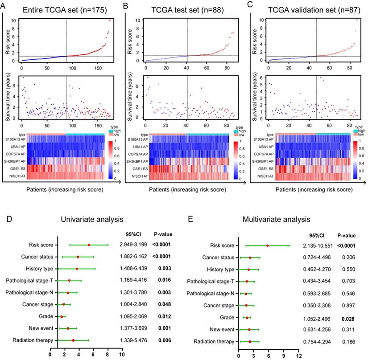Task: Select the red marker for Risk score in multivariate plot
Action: tap(267, 245)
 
